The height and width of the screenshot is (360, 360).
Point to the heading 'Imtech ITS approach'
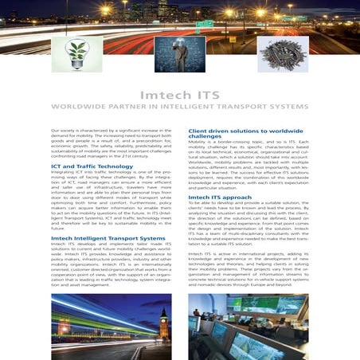point(221,196)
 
